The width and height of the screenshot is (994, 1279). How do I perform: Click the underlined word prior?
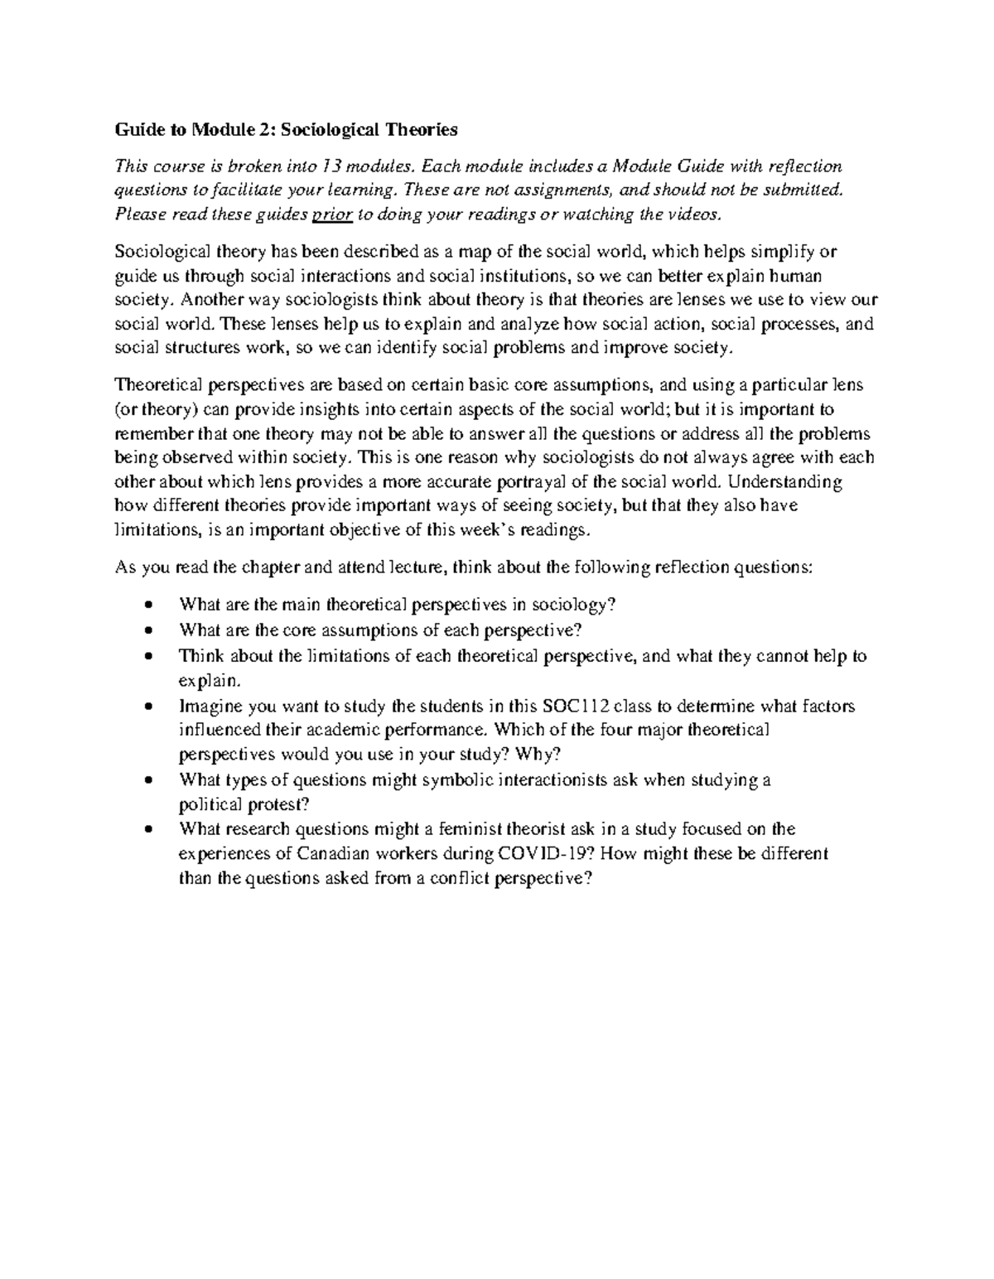(x=332, y=215)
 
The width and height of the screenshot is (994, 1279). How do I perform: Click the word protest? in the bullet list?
(x=277, y=804)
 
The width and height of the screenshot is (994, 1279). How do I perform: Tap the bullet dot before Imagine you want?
(x=148, y=707)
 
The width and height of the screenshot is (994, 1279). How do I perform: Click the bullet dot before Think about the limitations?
(x=148, y=657)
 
